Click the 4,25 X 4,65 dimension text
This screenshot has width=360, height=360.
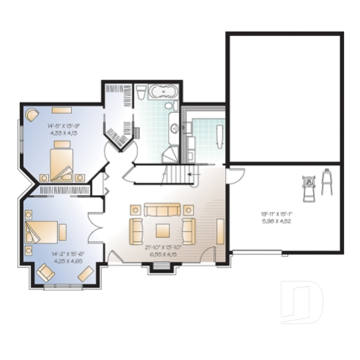pyautogui.click(x=65, y=260)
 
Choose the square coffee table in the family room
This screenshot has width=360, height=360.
pyautogui.click(x=162, y=229)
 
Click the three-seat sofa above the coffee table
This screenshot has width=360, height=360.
pyautogui.click(x=162, y=210)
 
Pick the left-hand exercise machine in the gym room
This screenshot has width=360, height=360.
pyautogui.click(x=309, y=185)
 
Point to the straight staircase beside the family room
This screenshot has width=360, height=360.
pyautogui.click(x=180, y=176)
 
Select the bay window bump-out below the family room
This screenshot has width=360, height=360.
pyautogui.click(x=163, y=268)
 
